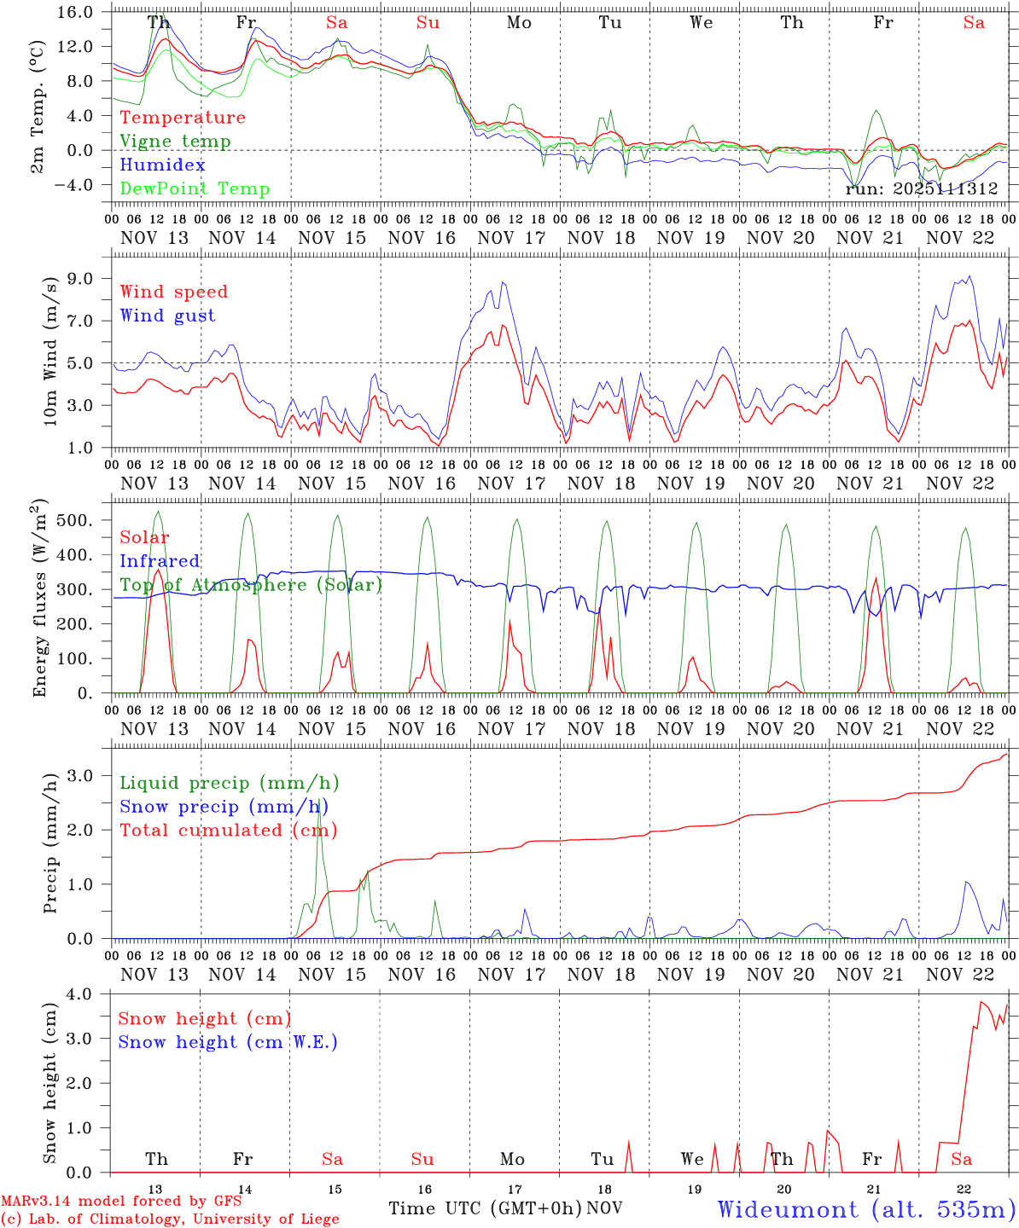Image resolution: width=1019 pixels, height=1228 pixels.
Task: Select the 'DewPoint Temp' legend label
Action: pos(195,189)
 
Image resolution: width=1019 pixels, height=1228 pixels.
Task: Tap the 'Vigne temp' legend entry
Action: pos(175,142)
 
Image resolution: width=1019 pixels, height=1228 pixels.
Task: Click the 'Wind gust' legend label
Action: pos(167,316)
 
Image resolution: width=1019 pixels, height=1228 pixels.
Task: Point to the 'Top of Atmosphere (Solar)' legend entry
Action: pos(250,585)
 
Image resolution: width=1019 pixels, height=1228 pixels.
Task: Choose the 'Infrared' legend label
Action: pos(160,561)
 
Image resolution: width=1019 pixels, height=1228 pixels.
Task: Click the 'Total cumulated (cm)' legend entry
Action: pos(228,830)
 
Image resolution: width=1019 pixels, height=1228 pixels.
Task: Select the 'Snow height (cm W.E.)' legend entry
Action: pos(228,1042)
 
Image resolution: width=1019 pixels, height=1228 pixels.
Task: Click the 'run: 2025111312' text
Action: pos(921,189)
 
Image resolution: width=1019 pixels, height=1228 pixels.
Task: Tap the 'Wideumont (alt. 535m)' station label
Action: pos(866,1209)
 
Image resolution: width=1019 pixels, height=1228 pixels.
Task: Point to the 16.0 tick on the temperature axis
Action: pos(84,12)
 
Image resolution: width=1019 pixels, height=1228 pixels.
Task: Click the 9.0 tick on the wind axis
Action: pos(89,279)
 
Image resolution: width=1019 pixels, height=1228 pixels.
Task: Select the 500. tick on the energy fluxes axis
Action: pos(85,520)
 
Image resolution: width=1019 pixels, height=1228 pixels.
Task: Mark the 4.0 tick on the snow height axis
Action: pos(90,994)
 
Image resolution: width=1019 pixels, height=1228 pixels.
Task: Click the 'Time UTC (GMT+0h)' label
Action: pos(486,1208)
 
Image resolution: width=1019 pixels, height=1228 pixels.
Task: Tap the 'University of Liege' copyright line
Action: pos(170,1219)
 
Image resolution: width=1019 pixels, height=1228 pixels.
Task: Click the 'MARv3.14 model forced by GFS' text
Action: pos(121,1202)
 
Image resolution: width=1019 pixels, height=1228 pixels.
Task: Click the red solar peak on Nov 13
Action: pos(157,570)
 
